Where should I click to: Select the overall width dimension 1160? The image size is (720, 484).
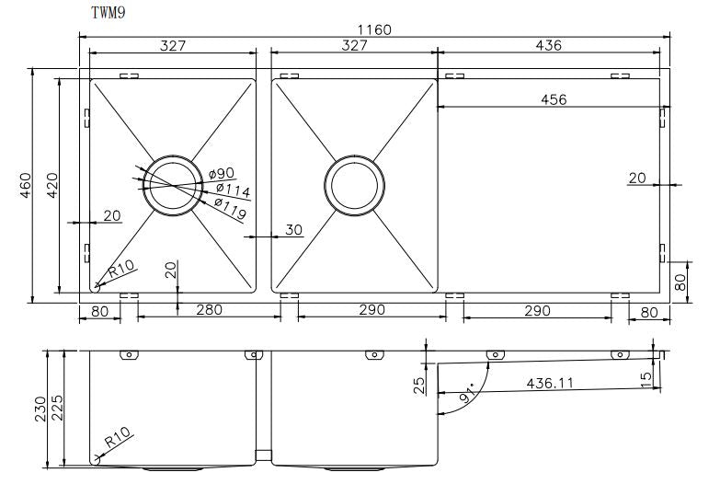[373, 29]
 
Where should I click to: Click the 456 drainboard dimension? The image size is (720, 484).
[552, 99]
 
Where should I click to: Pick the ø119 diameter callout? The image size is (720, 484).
[230, 208]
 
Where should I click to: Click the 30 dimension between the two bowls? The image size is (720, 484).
[293, 230]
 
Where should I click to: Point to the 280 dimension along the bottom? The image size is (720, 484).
[209, 311]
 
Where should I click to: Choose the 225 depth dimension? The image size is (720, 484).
[59, 408]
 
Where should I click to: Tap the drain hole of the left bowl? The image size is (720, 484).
[172, 185]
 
